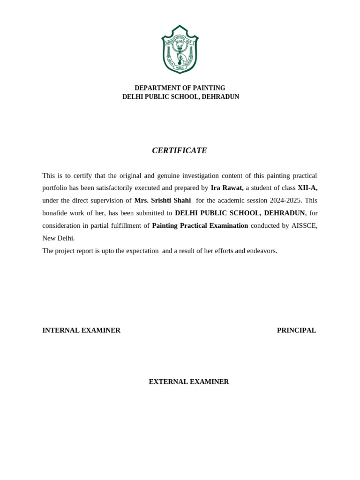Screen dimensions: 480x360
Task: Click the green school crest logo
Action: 180,49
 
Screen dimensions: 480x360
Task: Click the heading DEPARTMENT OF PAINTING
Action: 180,88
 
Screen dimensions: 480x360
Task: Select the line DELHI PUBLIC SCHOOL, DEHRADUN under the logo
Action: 180,97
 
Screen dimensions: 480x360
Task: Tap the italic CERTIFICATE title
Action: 180,150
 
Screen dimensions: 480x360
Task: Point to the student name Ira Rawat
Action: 227,188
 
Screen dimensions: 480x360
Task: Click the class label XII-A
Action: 307,188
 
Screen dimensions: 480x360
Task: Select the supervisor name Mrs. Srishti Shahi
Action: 163,201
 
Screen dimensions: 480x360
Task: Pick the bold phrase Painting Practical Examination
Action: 200,225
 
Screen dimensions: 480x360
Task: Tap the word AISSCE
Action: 304,225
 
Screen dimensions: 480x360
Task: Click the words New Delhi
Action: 58,238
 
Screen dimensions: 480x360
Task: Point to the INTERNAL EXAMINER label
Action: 82,330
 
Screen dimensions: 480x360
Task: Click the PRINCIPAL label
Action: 296,330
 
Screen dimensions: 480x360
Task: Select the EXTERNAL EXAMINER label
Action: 189,382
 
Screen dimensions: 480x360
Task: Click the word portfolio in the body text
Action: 55,188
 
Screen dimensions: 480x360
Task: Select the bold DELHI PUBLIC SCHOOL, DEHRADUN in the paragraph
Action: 240,213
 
